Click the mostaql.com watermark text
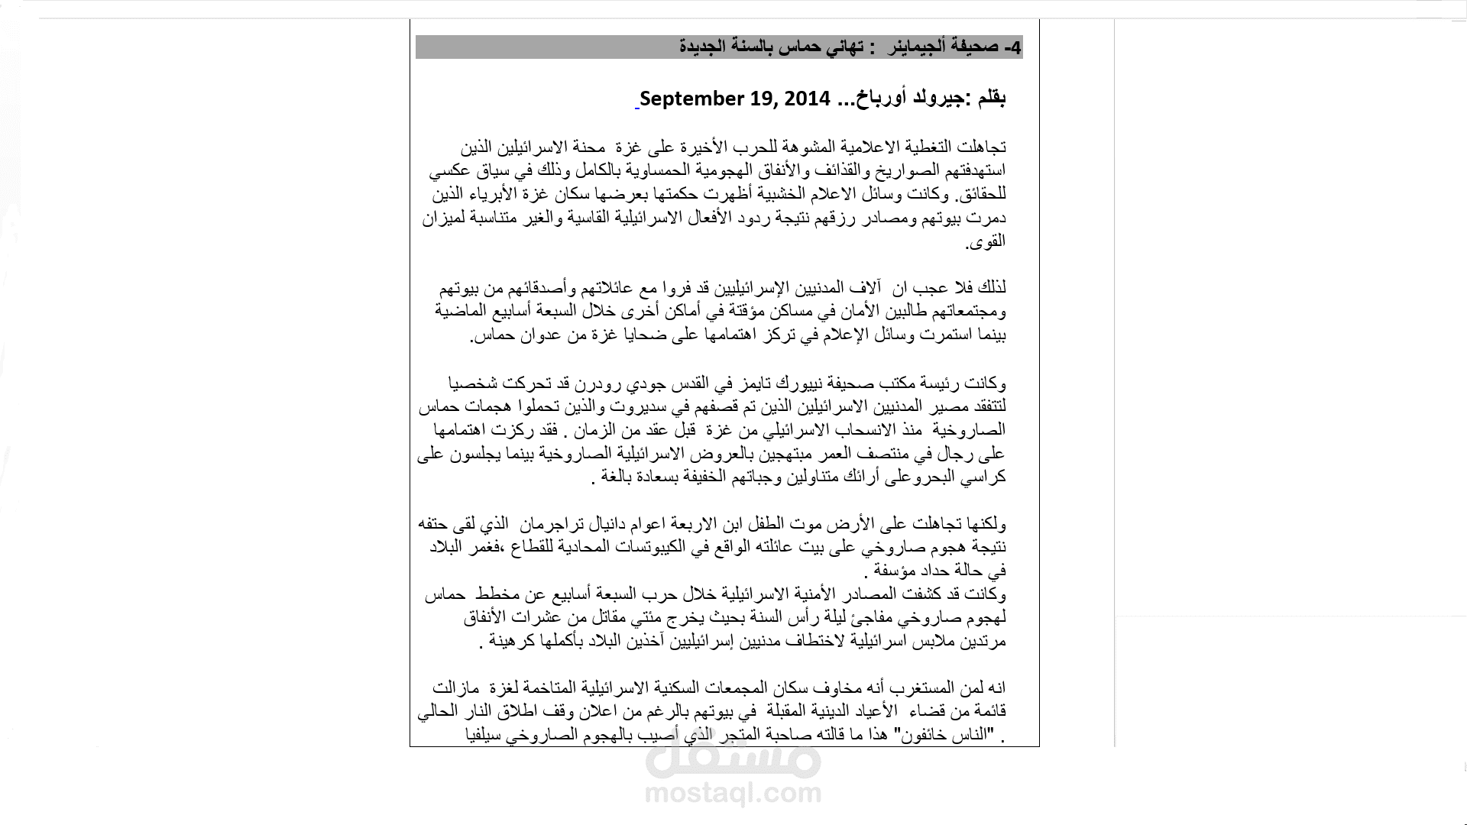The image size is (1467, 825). click(733, 794)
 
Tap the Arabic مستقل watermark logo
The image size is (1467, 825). click(733, 759)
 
